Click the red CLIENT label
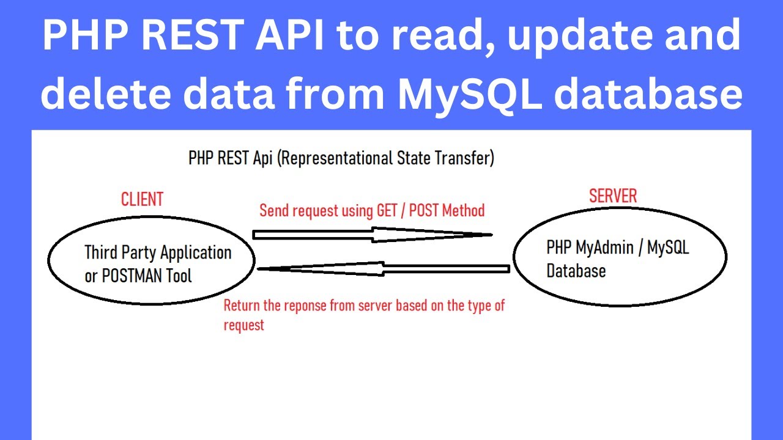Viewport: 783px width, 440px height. point(142,199)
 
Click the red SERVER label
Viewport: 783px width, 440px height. point(613,196)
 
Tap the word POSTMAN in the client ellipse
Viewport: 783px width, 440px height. point(132,276)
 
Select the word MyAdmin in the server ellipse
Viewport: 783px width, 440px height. point(604,248)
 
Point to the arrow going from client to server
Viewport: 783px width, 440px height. point(373,235)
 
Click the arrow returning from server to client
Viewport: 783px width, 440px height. point(384,269)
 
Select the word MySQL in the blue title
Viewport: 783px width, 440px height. point(470,94)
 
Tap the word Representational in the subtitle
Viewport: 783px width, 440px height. point(336,158)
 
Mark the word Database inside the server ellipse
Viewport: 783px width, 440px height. point(576,271)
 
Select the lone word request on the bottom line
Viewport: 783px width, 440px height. point(244,326)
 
